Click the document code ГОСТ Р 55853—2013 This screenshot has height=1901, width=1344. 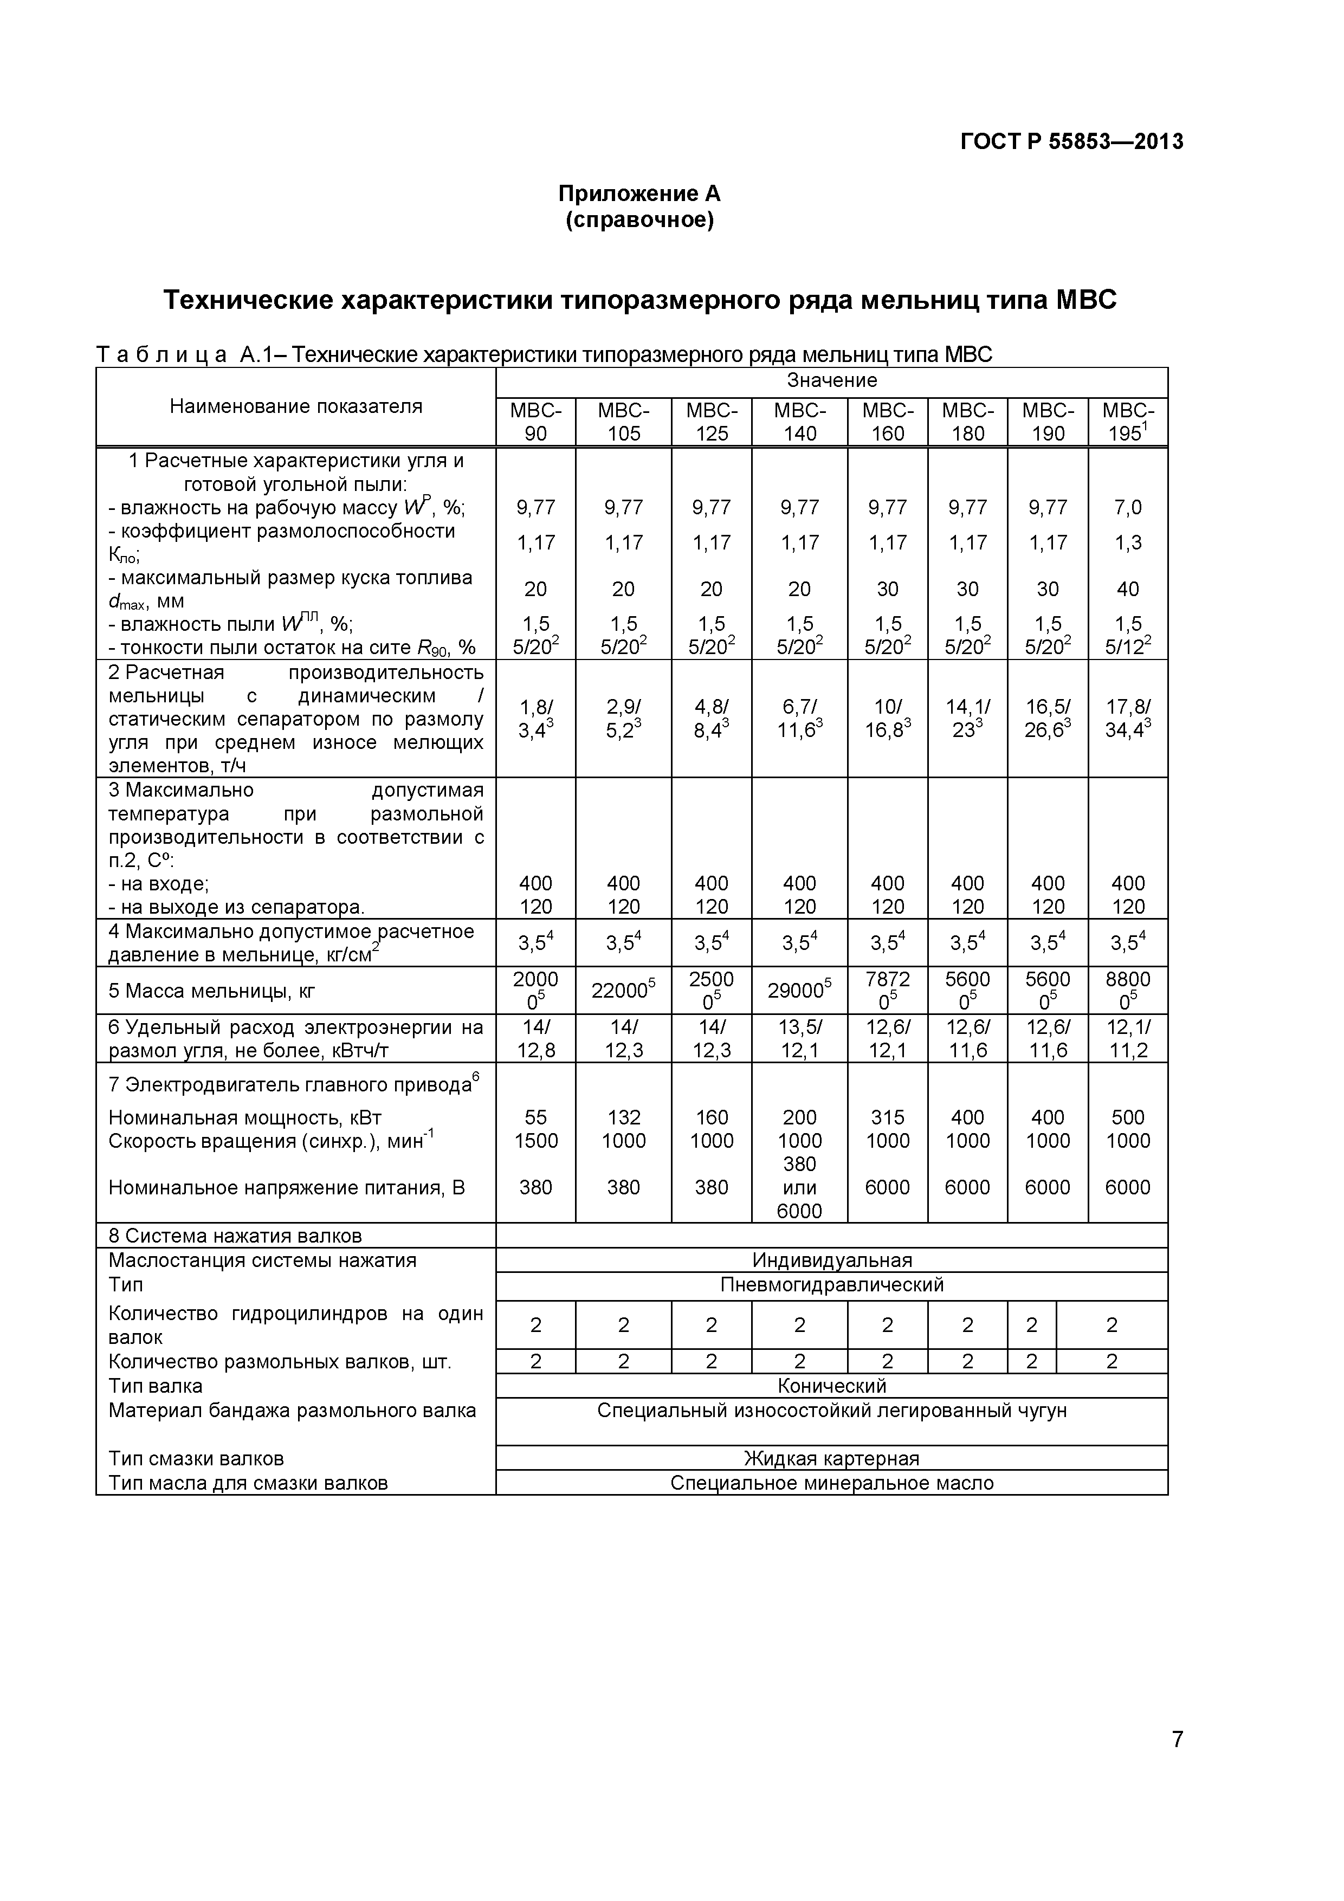click(1071, 141)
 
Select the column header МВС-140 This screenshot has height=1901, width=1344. click(799, 422)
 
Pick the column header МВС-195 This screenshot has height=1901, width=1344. click(1127, 422)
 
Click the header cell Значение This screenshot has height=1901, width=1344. click(831, 381)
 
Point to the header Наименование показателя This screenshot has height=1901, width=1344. click(296, 406)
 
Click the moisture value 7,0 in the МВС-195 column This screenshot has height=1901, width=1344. click(1127, 507)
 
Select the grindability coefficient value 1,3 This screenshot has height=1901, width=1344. click(1127, 542)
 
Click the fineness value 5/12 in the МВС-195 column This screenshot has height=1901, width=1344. click(1127, 646)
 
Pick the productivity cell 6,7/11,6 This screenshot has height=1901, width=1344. click(799, 719)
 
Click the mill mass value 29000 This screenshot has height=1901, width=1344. click(799, 990)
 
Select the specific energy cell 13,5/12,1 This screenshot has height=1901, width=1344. click(799, 1039)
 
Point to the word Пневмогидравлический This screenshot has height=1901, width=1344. click(831, 1285)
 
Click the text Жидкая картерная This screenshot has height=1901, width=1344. click(831, 1458)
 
